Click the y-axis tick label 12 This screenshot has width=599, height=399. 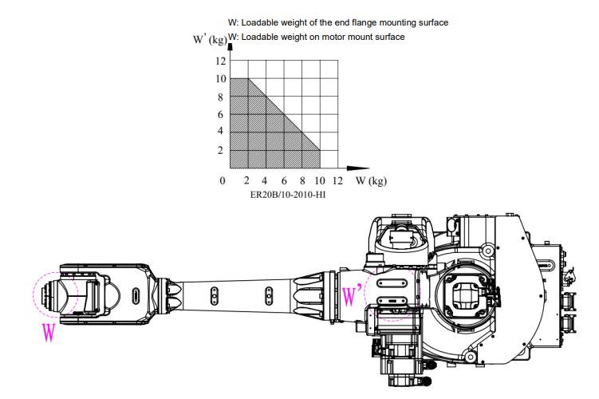coord(221,61)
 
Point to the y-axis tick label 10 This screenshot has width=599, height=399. coord(221,79)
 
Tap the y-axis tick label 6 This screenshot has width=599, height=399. coord(220,114)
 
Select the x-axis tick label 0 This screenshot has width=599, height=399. coord(223,180)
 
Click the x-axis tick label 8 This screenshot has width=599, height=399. coord(302,180)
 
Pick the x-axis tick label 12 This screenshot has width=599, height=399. coord(337,180)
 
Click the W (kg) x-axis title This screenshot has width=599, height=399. coord(371,180)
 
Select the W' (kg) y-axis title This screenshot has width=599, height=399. coord(210,39)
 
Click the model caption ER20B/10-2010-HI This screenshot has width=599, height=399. coord(288,195)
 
